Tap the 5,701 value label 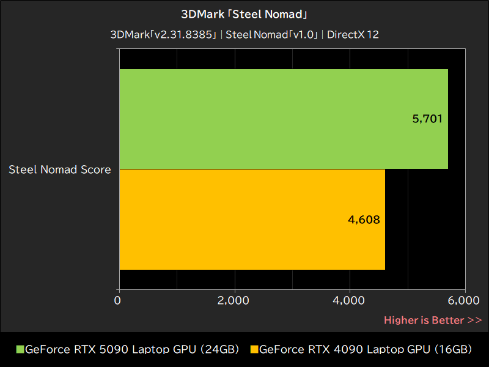427,119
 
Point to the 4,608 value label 364,219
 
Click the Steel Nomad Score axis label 60,169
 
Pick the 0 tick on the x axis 118,300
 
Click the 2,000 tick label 233,300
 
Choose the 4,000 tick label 350,300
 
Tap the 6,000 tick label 464,300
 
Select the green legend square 20,350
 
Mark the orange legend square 254,350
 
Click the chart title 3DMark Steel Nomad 244,13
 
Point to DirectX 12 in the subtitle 353,35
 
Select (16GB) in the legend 453,350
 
